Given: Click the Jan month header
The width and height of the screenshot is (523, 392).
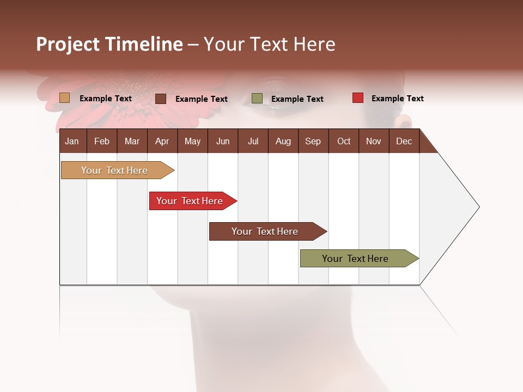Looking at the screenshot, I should pyautogui.click(x=72, y=141).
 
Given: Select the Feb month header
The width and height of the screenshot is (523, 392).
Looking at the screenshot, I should pyautogui.click(x=102, y=141).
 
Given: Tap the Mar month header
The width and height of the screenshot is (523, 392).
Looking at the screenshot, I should pyautogui.click(x=132, y=141).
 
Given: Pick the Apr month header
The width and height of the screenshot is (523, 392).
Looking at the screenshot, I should pyautogui.click(x=162, y=141).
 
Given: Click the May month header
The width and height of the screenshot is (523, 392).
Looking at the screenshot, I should pyautogui.click(x=192, y=141).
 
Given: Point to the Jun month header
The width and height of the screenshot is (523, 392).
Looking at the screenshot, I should pyautogui.click(x=223, y=141).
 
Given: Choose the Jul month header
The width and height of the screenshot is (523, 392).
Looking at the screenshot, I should pyautogui.click(x=253, y=141).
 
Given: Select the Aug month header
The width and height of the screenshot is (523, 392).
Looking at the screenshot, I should pyautogui.click(x=283, y=141).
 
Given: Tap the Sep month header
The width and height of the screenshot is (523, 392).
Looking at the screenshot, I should pyautogui.click(x=313, y=141).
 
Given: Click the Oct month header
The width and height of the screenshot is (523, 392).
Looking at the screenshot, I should pyautogui.click(x=344, y=141).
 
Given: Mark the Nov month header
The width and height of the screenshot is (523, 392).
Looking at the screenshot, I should pyautogui.click(x=374, y=141).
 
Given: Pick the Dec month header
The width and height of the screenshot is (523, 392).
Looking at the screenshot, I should pyautogui.click(x=404, y=141).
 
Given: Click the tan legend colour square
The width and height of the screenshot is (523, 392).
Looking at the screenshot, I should pyautogui.click(x=65, y=98).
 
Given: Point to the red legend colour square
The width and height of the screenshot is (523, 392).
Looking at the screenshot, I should pyautogui.click(x=357, y=98).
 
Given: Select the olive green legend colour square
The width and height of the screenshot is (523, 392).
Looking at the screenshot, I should pyautogui.click(x=257, y=99).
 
